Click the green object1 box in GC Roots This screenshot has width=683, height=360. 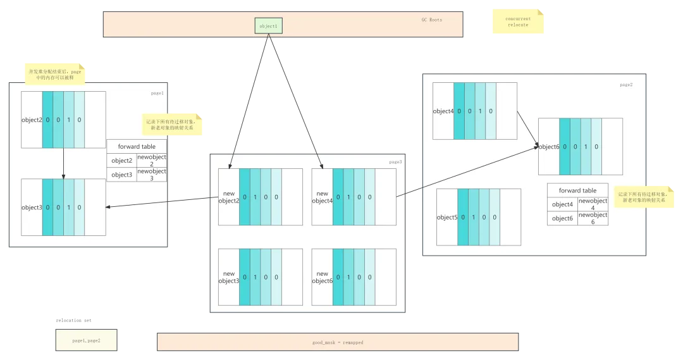268,26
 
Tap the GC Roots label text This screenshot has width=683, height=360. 432,20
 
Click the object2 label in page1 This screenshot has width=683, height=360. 32,120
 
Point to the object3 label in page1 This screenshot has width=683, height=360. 32,208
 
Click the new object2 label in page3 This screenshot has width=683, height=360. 229,197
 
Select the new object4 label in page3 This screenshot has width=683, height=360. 322,197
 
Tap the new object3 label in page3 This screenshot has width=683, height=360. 229,277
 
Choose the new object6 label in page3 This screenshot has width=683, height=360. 322,277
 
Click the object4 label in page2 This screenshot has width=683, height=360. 443,111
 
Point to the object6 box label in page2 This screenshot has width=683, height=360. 548,147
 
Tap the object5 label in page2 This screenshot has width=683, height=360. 446,218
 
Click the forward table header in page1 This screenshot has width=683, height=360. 137,147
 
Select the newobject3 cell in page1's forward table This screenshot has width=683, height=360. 152,175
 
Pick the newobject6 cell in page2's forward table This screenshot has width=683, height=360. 593,218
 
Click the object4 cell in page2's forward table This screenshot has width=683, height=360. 562,204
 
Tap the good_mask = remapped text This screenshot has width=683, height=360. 338,342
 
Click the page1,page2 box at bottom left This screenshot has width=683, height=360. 86,340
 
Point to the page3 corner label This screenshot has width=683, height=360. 395,162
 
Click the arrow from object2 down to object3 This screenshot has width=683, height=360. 63,163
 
